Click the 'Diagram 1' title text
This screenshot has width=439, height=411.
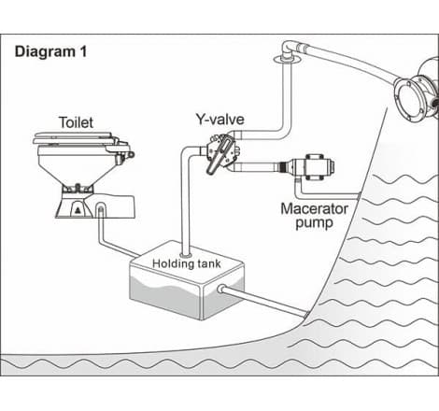click(x=50, y=51)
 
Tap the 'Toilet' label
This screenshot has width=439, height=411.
click(x=76, y=122)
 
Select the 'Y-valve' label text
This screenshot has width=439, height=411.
click(x=219, y=120)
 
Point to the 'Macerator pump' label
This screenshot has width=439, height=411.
click(x=314, y=216)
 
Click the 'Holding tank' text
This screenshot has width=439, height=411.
click(x=187, y=264)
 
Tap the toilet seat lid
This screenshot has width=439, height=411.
click(x=73, y=138)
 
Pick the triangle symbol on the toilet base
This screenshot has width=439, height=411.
click(x=78, y=210)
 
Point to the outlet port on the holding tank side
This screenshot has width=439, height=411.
click(x=221, y=289)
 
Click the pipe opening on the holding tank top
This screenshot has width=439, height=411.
click(x=186, y=255)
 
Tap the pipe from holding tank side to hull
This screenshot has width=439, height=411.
click(x=264, y=301)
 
